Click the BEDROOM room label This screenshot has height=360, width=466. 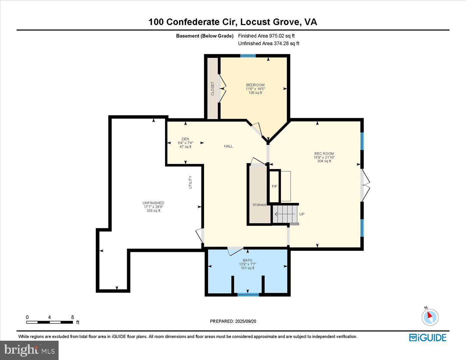click(255, 85)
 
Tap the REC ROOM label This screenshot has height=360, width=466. click(324, 154)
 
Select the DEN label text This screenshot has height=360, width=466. click(185, 139)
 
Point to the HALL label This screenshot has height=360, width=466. click(228, 146)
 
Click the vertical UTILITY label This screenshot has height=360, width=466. click(190, 182)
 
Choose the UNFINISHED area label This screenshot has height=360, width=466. click(153, 203)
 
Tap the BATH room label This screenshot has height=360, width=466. click(247, 261)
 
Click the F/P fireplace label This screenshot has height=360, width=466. click(274, 187)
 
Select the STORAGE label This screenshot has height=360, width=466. click(259, 205)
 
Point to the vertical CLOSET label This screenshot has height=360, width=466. click(213, 89)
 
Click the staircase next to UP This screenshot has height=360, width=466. click(285, 214)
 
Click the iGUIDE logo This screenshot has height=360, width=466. click(428, 338)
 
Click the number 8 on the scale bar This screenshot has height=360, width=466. click(73, 317)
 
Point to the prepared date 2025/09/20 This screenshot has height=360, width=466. click(233, 321)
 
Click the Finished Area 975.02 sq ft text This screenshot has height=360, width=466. click(266, 36)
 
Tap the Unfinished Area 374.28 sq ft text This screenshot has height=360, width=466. click(269, 44)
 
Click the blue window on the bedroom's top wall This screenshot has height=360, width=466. click(248, 56)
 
